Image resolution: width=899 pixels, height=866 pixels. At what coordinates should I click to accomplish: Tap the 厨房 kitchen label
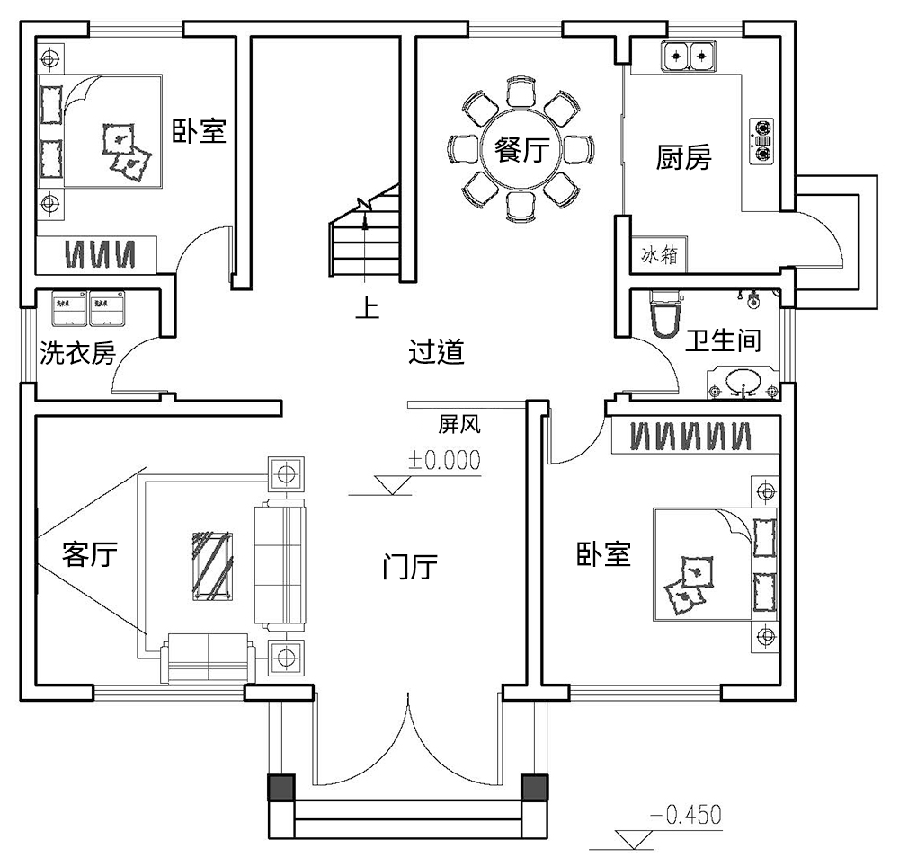(x=683, y=158)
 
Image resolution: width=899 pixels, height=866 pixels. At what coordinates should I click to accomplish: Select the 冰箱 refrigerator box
(x=659, y=256)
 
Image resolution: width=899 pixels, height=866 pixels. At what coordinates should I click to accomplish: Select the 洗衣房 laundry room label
(x=77, y=354)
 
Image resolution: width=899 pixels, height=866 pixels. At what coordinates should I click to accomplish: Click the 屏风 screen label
(x=457, y=422)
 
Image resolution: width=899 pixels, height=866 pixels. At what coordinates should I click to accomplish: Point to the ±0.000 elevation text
(x=444, y=460)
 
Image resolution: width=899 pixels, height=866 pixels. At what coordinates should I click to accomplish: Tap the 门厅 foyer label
(x=410, y=568)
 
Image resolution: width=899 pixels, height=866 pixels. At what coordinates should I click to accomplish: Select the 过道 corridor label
(x=437, y=352)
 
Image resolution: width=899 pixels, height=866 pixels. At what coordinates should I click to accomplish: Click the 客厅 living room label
(x=90, y=554)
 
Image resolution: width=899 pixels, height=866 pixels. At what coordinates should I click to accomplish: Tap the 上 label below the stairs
(x=366, y=308)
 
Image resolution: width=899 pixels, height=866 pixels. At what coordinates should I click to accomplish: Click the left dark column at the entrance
(x=281, y=787)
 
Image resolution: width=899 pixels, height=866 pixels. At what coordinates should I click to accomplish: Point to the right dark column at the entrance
(x=535, y=787)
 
